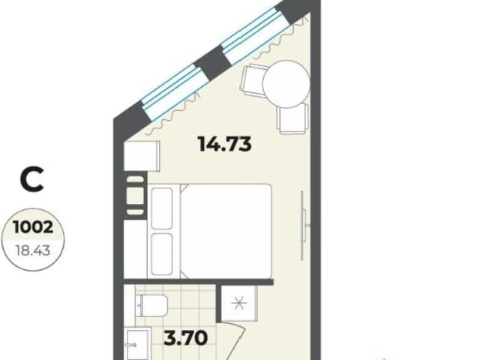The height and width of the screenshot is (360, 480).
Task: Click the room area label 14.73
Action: coord(225,144)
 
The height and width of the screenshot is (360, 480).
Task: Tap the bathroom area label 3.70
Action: coord(185,338)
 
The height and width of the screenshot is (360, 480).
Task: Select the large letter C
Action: coord(31,180)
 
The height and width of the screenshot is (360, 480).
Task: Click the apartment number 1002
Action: coord(33,227)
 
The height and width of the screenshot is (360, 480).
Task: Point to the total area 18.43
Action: coord(33,251)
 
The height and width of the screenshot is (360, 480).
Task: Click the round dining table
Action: coord(286,84)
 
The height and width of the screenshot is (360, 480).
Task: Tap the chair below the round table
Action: coord(292,118)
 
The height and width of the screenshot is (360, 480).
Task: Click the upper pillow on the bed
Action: coord(162,208)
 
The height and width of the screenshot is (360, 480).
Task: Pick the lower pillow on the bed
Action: coord(162,254)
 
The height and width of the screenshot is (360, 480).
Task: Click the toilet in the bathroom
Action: coord(151,305)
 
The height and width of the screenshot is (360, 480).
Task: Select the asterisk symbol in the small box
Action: coord(238,304)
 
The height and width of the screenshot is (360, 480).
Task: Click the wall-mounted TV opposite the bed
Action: coord(303,226)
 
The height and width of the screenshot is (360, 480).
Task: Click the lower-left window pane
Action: coord(173,91)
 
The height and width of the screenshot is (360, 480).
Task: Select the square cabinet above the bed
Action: coord(142,156)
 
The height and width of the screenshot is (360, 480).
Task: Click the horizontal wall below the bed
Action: coord(198,282)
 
